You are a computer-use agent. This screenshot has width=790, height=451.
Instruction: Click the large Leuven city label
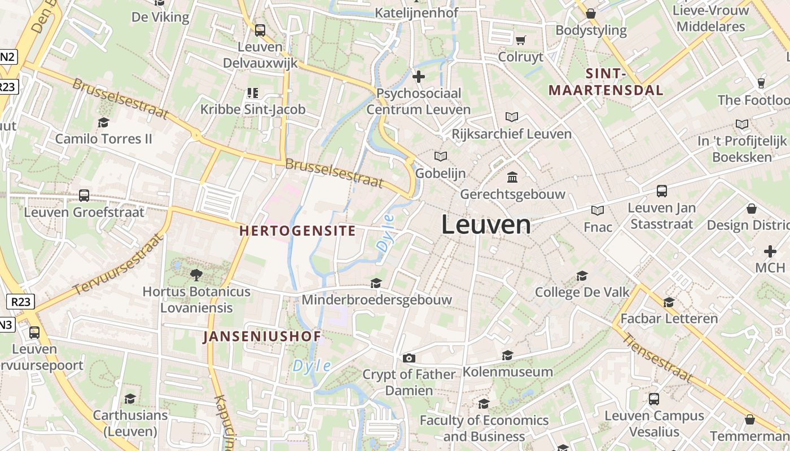(486, 224)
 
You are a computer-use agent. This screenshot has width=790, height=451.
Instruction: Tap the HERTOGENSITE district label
(297, 231)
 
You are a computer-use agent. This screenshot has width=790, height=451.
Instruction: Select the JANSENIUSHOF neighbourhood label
(262, 337)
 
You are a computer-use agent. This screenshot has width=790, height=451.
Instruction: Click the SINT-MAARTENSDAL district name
(606, 82)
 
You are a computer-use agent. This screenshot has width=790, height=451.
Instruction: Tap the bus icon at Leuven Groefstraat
(84, 196)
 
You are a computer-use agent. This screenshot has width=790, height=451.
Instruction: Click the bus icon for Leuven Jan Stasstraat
(662, 191)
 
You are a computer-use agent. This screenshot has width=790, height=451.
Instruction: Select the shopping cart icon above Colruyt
(520, 40)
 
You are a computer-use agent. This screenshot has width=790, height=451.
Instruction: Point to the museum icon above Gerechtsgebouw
(512, 178)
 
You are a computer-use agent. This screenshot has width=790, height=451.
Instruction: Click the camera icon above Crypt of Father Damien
(409, 358)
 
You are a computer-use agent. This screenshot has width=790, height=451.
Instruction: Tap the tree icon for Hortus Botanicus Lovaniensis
(196, 275)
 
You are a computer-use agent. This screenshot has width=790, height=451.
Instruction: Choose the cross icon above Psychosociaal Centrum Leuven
(419, 77)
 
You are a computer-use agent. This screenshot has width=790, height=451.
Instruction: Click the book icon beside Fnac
(598, 210)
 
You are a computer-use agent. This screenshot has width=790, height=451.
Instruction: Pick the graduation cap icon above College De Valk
(582, 276)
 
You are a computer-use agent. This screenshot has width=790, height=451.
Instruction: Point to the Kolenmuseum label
(508, 372)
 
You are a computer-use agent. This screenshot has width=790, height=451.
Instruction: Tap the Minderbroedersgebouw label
(377, 299)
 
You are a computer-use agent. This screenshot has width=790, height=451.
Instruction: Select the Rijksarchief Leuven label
(512, 134)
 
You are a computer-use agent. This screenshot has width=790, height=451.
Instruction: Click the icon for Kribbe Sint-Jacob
(253, 92)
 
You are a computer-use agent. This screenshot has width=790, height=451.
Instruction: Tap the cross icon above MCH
(770, 251)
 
